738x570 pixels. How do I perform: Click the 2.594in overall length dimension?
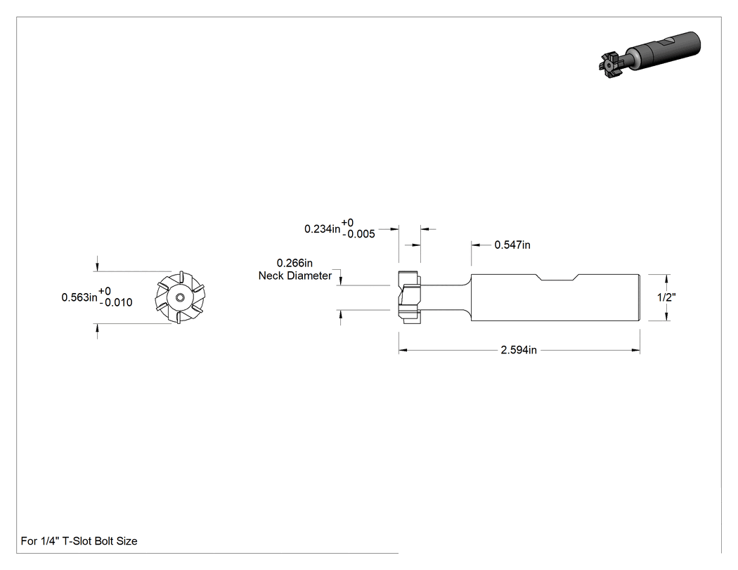point(519,350)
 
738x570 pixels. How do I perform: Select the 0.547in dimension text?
point(512,245)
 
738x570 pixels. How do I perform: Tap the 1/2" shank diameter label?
point(666,297)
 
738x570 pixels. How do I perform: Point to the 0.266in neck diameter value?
point(294,263)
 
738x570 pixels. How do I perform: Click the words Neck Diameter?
point(295,276)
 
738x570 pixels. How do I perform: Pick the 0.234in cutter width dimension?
point(323,228)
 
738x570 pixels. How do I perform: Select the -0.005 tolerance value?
point(358,234)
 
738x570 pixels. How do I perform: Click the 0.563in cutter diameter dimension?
point(79,297)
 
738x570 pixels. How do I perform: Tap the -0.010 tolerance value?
point(116,303)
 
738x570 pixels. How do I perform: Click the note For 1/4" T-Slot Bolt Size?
point(79,540)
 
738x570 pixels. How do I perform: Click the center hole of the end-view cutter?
point(180,297)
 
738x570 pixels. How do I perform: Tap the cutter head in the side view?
point(409,297)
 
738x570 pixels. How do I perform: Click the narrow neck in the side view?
point(445,297)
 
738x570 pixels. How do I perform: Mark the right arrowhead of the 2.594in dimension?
point(636,350)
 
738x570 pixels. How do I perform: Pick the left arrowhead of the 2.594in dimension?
point(403,350)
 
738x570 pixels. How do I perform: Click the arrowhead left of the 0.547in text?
point(475,245)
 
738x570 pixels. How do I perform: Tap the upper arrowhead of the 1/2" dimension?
point(668,278)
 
